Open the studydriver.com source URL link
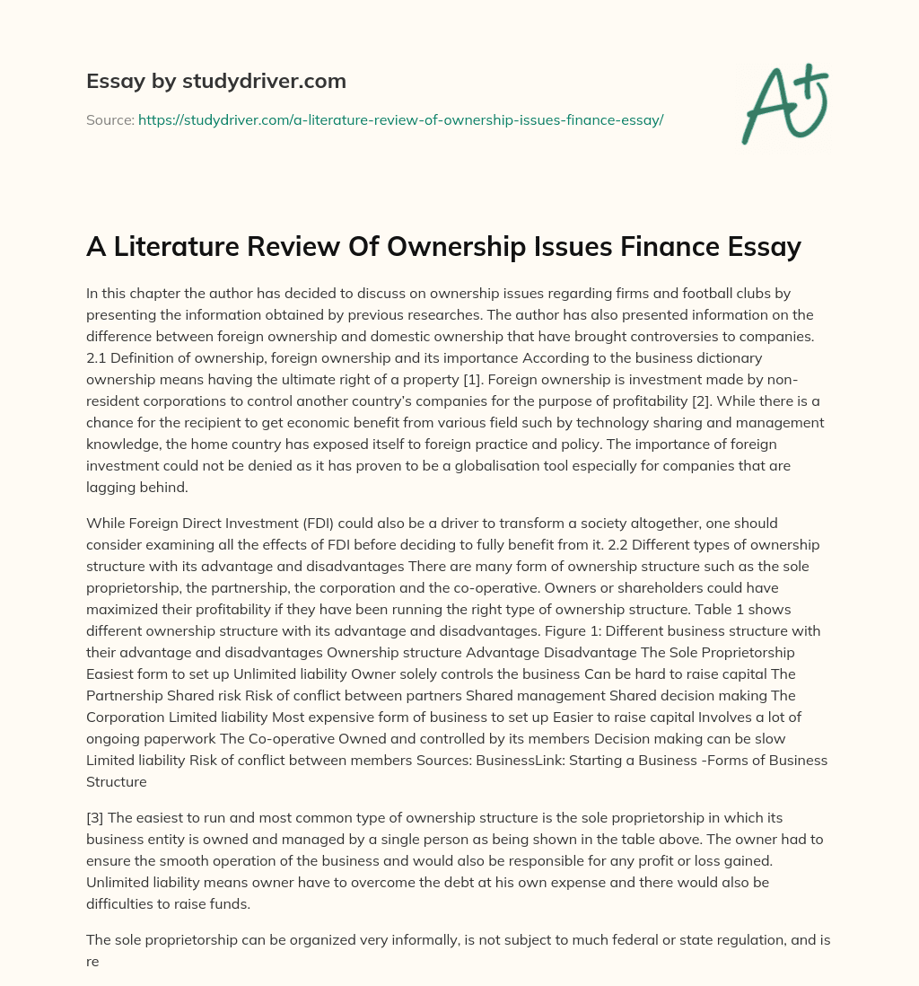tap(400, 119)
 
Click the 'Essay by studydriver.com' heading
tap(216, 82)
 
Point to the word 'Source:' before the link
tap(109, 119)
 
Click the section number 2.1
tap(97, 357)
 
